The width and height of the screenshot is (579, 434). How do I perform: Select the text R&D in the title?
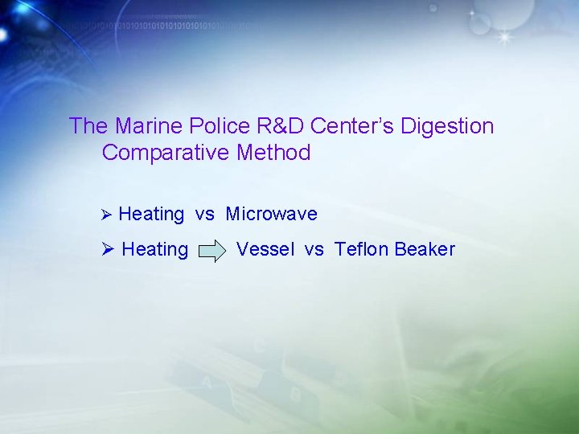[277, 126]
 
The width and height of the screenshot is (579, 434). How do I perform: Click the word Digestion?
[447, 126]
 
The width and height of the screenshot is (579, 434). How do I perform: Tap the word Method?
[273, 153]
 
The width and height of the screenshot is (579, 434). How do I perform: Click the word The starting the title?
[88, 126]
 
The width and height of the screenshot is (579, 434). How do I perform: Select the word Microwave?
[272, 214]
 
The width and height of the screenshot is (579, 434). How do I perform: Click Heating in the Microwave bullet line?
[151, 215]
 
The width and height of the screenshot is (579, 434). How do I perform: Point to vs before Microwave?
[205, 215]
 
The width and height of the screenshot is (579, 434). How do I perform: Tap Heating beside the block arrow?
[154, 250]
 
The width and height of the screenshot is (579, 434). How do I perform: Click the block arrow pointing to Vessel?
[212, 251]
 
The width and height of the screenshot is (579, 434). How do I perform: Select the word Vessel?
[265, 249]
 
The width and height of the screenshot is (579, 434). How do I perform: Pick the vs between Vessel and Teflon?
[314, 250]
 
